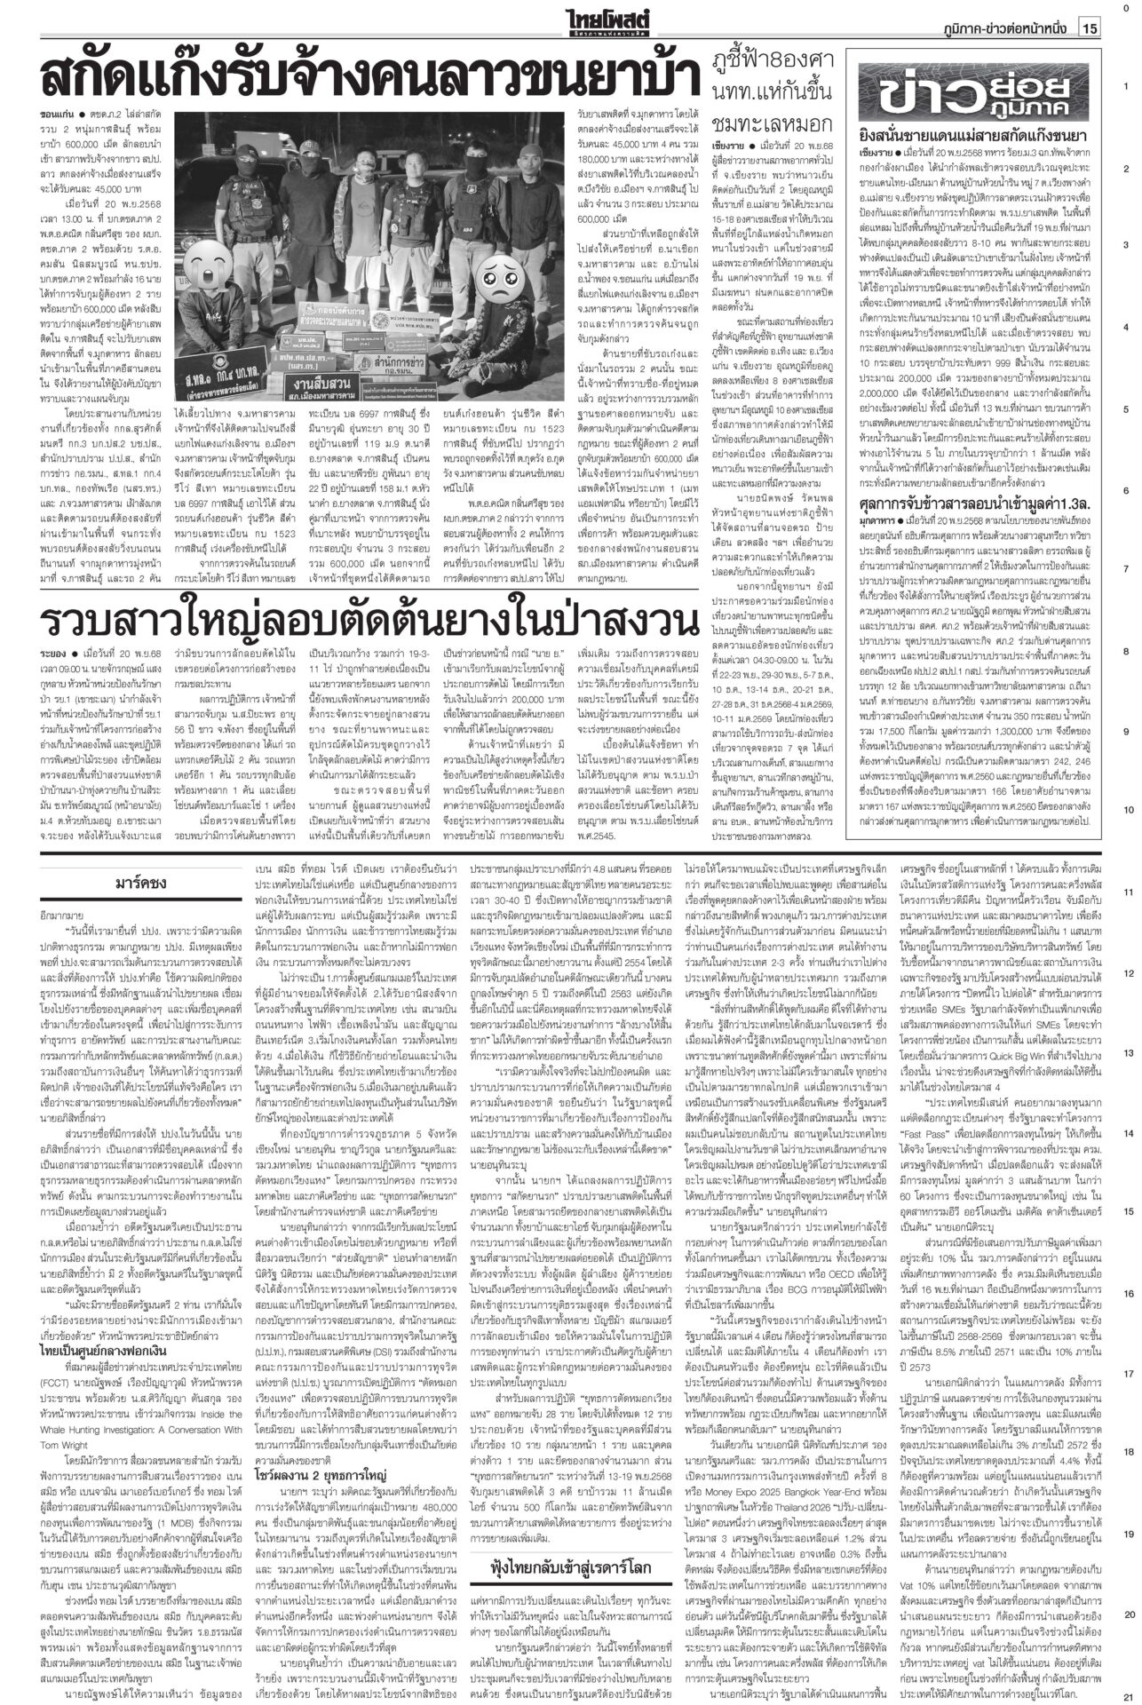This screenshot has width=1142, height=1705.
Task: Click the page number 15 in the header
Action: tap(1090, 29)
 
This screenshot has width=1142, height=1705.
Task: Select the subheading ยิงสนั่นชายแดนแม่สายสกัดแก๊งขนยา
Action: tap(972, 135)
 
